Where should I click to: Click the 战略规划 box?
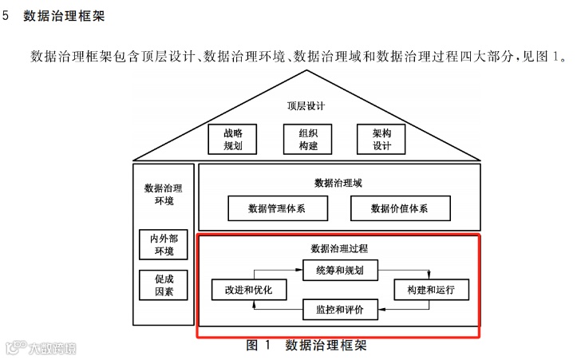233,140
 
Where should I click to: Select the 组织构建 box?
307,140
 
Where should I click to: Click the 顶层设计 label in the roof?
306,106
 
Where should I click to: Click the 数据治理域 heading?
338,183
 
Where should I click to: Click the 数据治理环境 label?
163,194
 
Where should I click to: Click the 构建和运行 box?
431,290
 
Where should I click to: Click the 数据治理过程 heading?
339,248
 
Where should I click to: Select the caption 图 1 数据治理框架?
306,346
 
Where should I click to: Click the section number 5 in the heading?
7,16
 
